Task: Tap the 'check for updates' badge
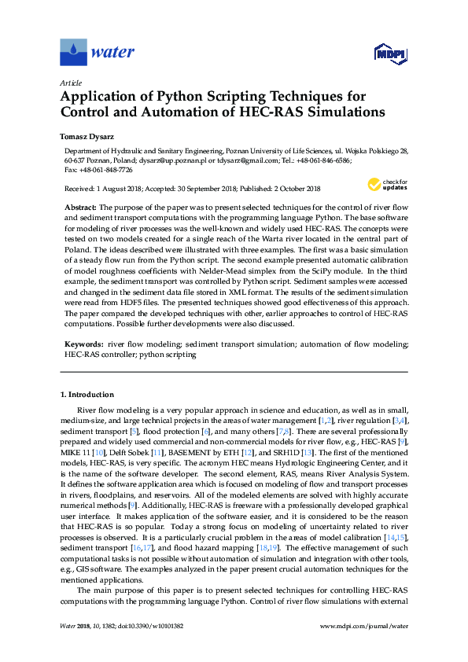385,185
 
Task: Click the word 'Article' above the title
70,83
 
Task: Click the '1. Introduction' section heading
87,394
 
